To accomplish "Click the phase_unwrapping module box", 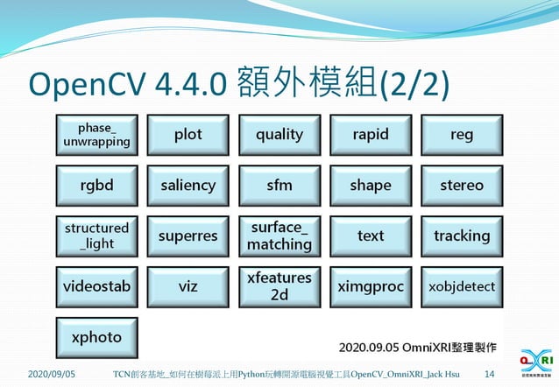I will pos(96,135).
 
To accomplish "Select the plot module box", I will pos(188,135).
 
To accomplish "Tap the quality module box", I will pos(279,135).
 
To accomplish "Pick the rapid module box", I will pos(371,135).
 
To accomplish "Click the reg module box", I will pos(462,135).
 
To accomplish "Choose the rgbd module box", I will pos(96,186).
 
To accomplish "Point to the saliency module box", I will pos(188,186).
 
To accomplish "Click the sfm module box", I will pos(279,186).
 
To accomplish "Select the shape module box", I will pos(371,186).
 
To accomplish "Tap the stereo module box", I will pos(462,186).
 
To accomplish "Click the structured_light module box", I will pos(96,236).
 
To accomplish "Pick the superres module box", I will pos(188,236).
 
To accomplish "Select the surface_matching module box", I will pos(279,236).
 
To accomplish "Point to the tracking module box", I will pos(462,236).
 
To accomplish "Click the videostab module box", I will pos(96,286).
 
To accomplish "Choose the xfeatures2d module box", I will pos(279,286).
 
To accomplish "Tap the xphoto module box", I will pos(96,337).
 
